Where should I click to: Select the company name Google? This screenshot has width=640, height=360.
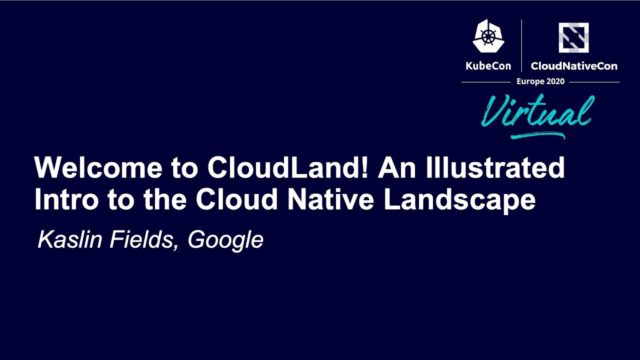point(225,241)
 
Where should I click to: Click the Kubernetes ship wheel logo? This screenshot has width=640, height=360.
point(488,36)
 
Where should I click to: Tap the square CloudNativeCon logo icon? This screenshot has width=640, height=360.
point(573,37)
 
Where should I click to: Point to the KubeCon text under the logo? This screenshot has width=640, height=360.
point(488,66)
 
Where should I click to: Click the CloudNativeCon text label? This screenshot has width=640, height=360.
point(574,66)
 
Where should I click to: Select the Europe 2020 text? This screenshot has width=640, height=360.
point(540,81)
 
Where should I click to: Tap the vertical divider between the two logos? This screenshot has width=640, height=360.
point(521,45)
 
